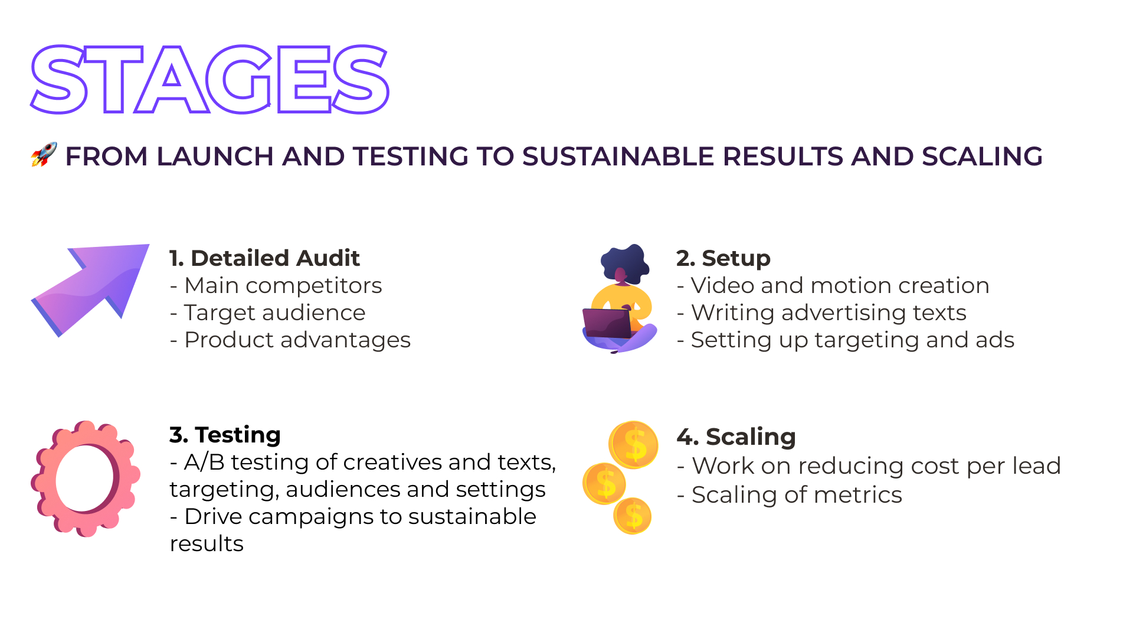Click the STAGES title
(x=209, y=79)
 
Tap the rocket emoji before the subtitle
(x=44, y=155)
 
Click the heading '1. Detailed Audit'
(x=264, y=258)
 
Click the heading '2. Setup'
(x=723, y=258)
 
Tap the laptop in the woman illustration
(x=607, y=323)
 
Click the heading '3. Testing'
(x=225, y=435)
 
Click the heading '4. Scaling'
(x=736, y=437)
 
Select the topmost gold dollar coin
(x=634, y=445)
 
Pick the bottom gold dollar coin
(x=633, y=516)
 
